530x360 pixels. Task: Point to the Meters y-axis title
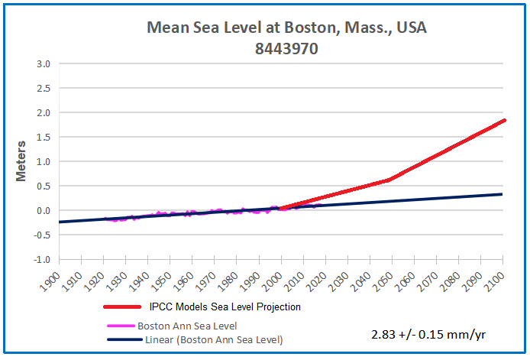click(23, 161)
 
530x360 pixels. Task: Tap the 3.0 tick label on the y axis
click(43, 64)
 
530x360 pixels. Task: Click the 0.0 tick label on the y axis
click(43, 211)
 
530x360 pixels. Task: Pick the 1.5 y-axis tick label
click(43, 113)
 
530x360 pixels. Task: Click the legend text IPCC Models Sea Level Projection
click(225, 307)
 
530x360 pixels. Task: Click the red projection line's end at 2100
click(503, 120)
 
